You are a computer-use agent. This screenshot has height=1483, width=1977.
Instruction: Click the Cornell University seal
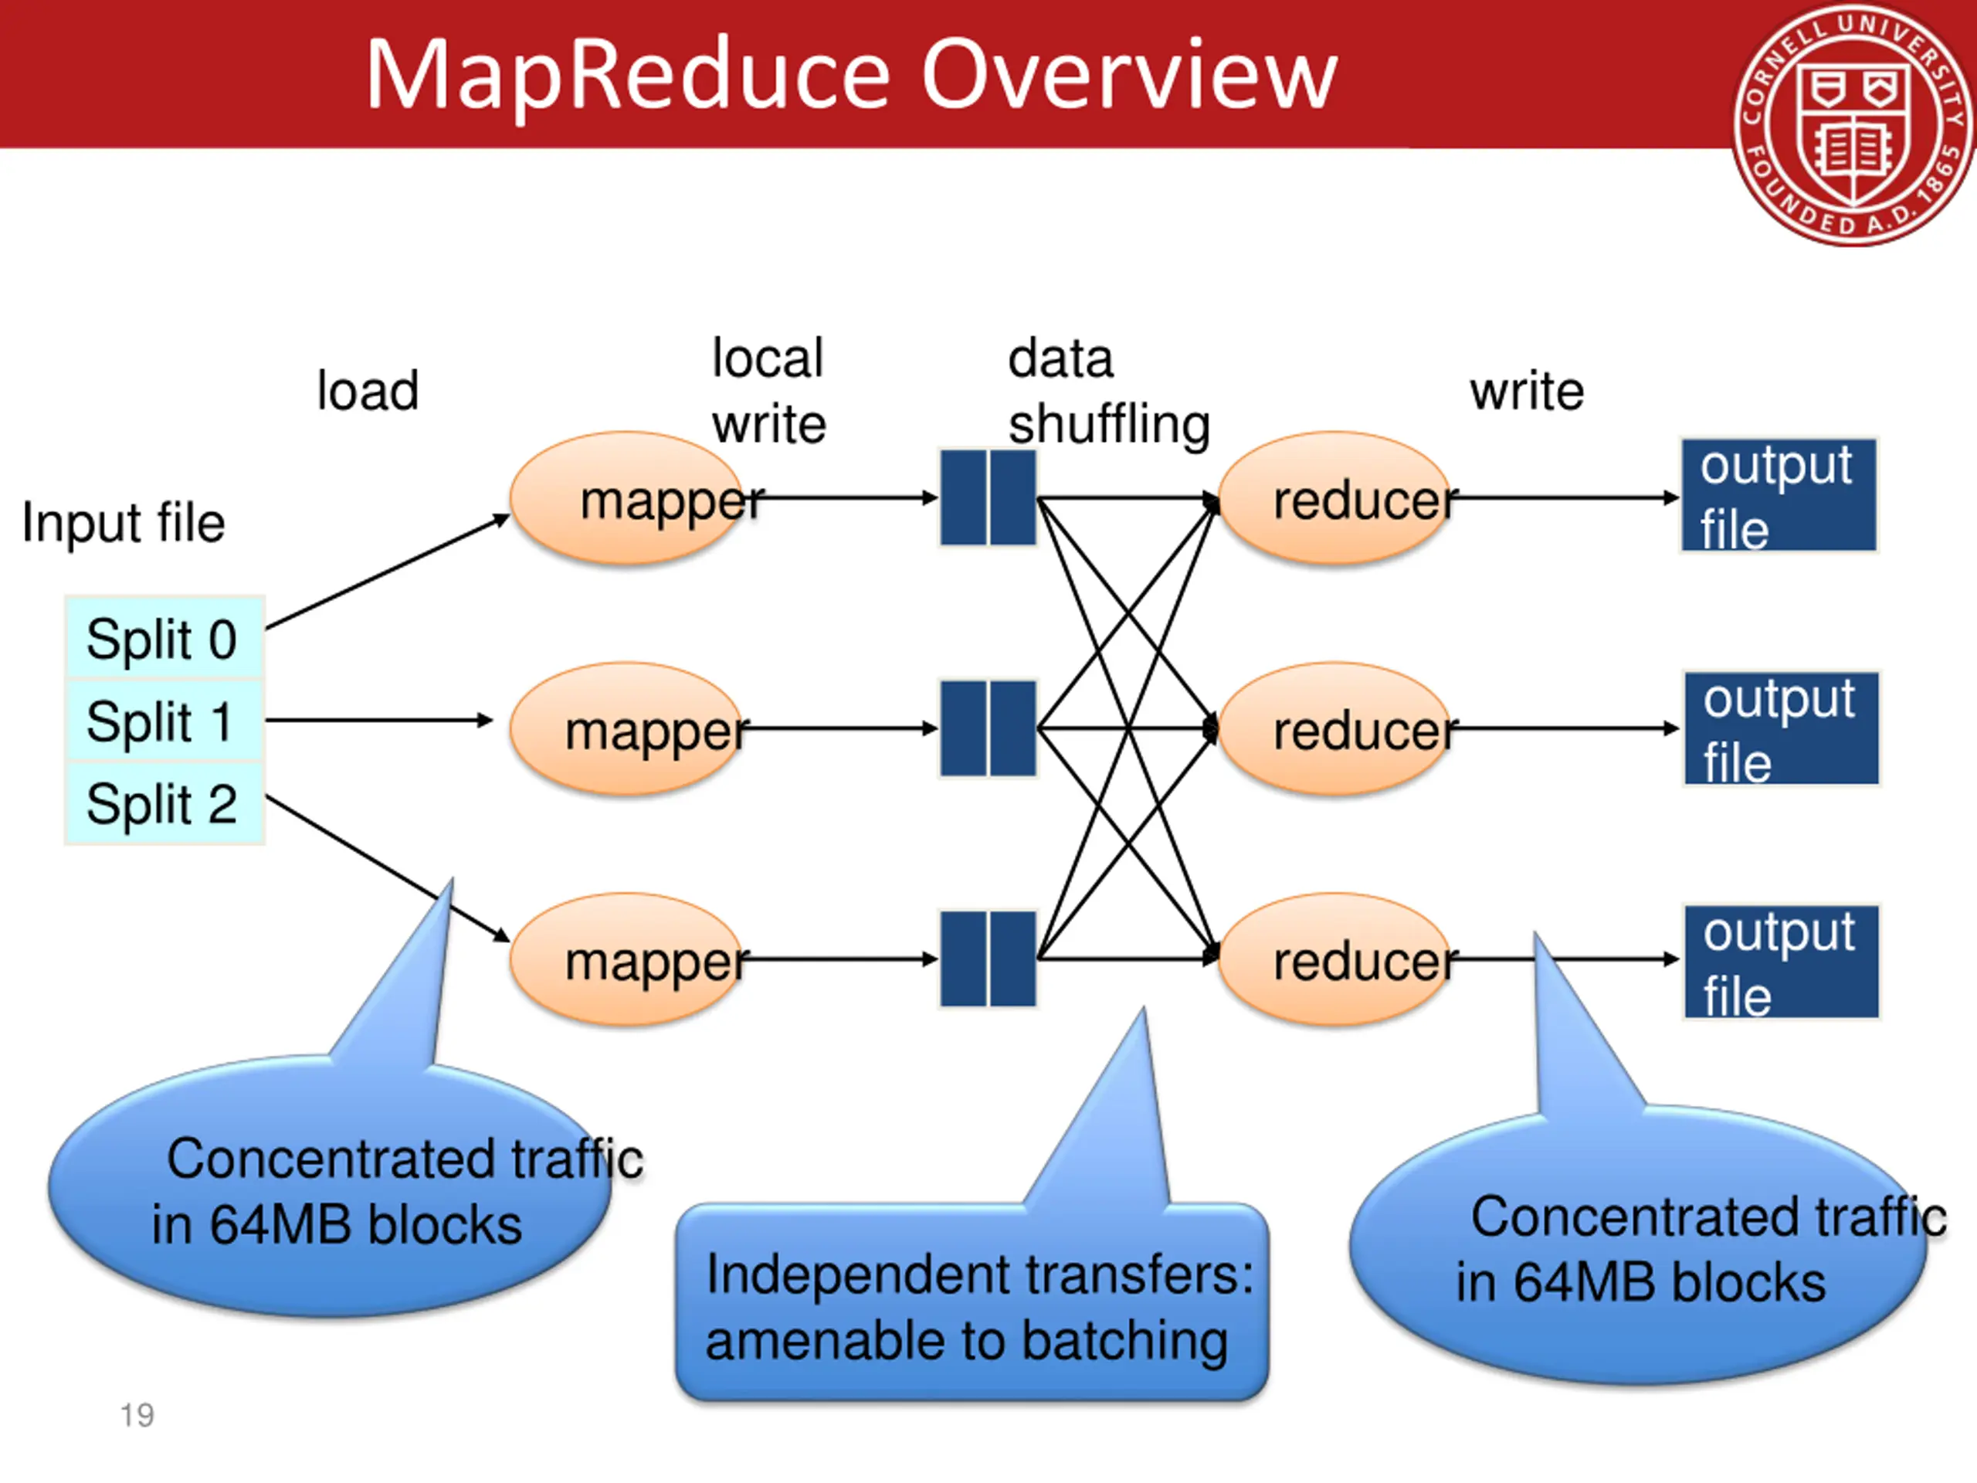coord(1853,125)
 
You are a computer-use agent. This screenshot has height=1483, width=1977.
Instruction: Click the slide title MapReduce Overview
coord(851,75)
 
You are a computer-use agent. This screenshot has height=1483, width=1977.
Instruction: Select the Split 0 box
coord(164,637)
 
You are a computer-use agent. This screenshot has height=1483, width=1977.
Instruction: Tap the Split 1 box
coord(164,721)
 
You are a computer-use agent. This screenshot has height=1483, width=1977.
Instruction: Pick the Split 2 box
coord(164,803)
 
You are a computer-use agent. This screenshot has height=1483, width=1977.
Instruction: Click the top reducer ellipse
coord(1335,498)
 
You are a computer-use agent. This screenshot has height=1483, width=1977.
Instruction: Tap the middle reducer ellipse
coord(1335,728)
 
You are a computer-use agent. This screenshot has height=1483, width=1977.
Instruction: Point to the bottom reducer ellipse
coord(1335,959)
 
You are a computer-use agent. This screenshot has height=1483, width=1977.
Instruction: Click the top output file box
coord(1779,495)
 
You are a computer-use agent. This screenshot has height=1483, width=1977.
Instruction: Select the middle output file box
coord(1782,728)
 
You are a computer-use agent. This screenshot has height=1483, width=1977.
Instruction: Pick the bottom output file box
coord(1782,962)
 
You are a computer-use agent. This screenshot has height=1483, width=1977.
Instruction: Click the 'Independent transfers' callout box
coord(972,1301)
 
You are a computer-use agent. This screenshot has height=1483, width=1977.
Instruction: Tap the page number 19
coord(137,1415)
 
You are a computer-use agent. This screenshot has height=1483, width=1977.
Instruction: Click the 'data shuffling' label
coord(1108,392)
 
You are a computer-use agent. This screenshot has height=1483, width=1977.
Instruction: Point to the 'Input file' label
coord(124,522)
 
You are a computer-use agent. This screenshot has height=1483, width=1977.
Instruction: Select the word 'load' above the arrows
coord(368,391)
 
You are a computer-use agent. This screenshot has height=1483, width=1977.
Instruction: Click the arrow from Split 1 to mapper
coord(379,720)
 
